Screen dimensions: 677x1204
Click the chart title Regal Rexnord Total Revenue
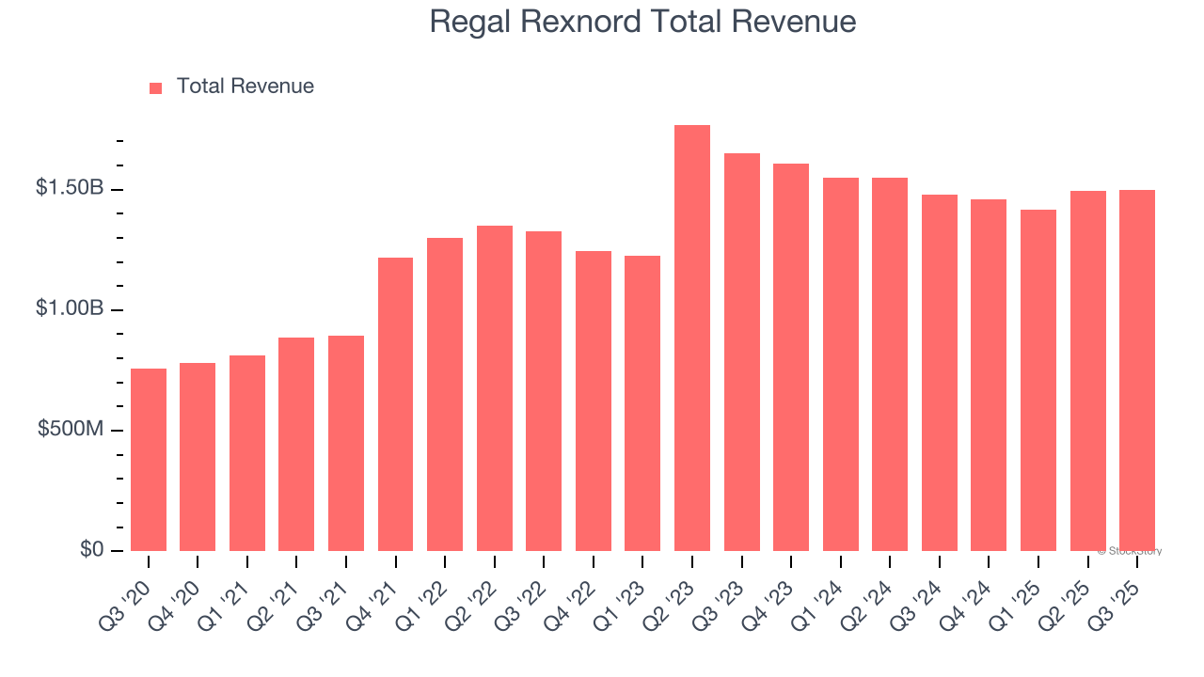pos(642,22)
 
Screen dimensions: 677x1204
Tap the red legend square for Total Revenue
pos(156,87)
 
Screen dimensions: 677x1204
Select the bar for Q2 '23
pos(692,338)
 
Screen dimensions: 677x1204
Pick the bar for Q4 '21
pos(395,403)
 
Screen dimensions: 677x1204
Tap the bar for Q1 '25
pos(1038,380)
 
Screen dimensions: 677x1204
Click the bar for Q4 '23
pos(791,356)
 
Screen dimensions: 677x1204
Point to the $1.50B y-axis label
pos(70,188)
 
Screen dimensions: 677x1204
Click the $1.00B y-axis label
pos(70,308)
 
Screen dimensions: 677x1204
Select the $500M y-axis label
pos(71,429)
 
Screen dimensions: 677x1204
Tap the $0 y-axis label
pos(90,549)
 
